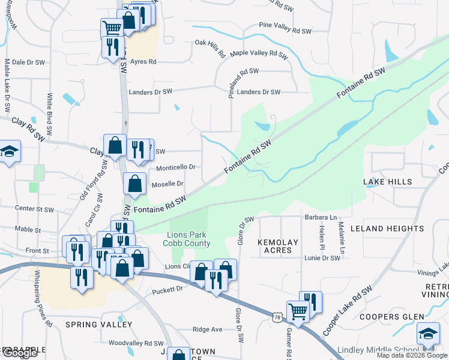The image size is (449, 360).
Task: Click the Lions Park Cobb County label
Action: (x=187, y=238)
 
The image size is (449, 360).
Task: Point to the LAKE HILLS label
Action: (x=387, y=182)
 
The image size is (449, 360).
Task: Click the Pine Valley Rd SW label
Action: (x=285, y=30)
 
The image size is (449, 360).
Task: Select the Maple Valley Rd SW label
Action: (x=259, y=53)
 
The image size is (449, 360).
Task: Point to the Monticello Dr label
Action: (x=176, y=167)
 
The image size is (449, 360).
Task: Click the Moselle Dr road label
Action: (x=167, y=184)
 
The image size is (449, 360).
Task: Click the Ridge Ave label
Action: (x=207, y=329)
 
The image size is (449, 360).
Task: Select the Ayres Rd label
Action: (x=143, y=62)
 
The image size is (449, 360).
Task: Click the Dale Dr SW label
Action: (x=29, y=62)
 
